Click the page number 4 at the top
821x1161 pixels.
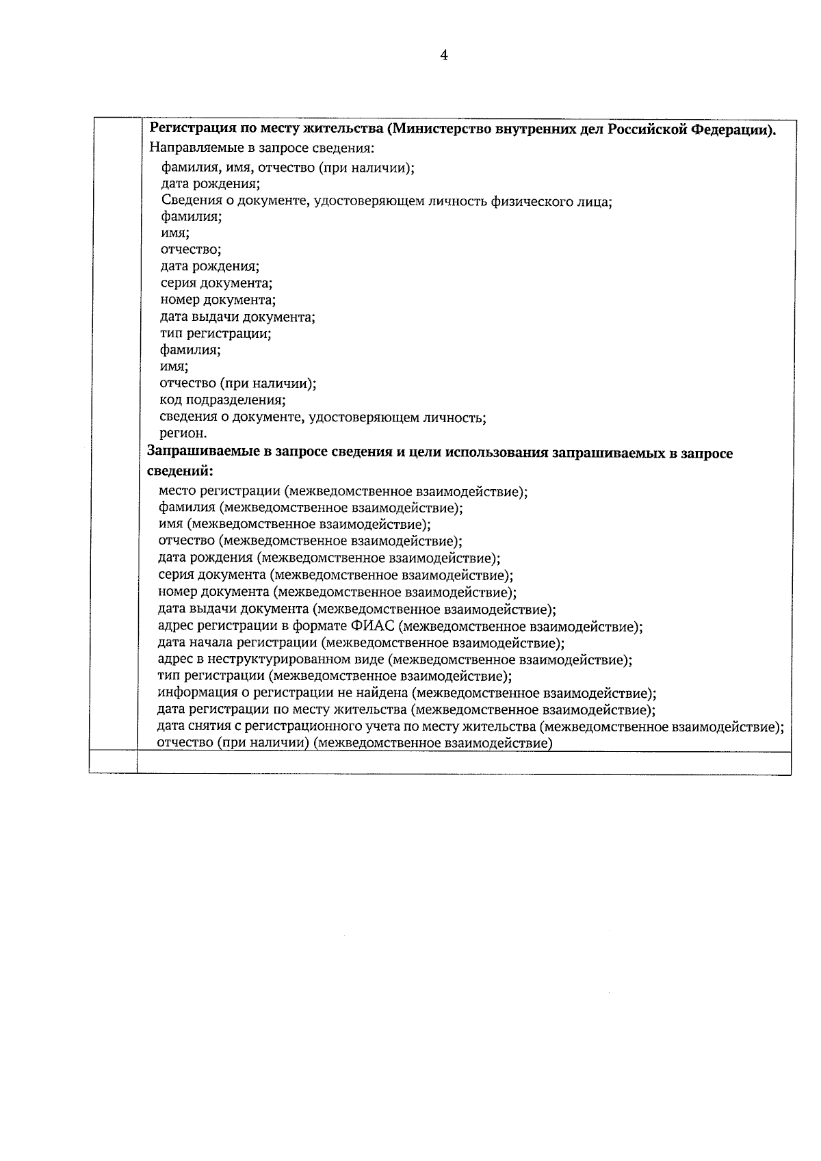pos(443,56)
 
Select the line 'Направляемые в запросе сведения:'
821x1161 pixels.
pos(262,148)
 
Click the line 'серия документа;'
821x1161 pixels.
pos(216,283)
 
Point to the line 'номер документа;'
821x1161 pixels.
pos(218,300)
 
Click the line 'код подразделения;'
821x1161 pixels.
pos(222,400)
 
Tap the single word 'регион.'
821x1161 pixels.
pos(183,434)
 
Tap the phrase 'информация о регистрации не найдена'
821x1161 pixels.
pos(283,693)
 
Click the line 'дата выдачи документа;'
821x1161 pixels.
pos(237,317)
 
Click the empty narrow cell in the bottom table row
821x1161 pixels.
pos(113,763)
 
